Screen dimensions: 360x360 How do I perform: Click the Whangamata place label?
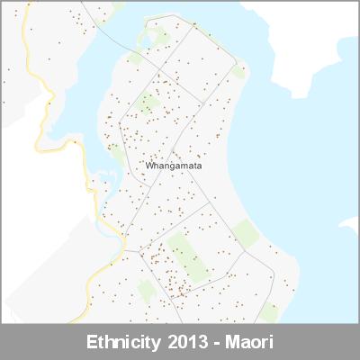[172, 166]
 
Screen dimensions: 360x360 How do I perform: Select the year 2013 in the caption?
[189, 343]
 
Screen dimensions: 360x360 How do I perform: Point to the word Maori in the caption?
[247, 343]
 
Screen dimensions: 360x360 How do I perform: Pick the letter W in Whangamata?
[148, 166]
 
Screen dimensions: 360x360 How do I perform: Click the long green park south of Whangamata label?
[187, 256]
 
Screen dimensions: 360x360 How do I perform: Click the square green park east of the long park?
[247, 232]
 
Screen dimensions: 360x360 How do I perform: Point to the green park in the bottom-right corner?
[269, 311]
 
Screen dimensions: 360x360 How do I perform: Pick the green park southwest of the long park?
[146, 290]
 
